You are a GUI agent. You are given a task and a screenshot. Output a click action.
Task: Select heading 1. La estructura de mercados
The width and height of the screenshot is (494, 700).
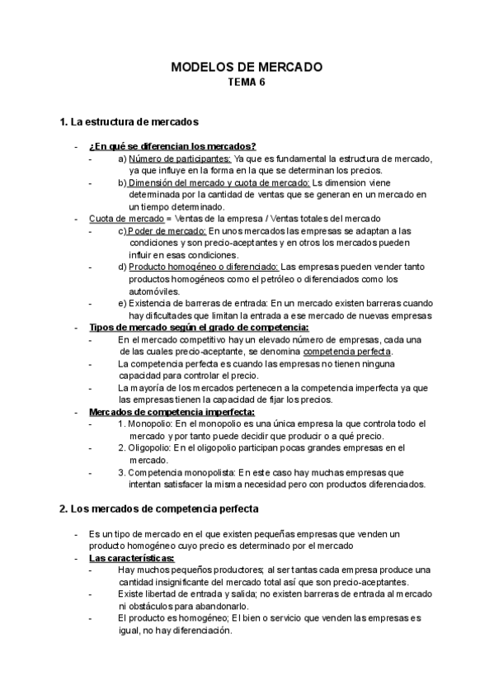click(129, 122)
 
